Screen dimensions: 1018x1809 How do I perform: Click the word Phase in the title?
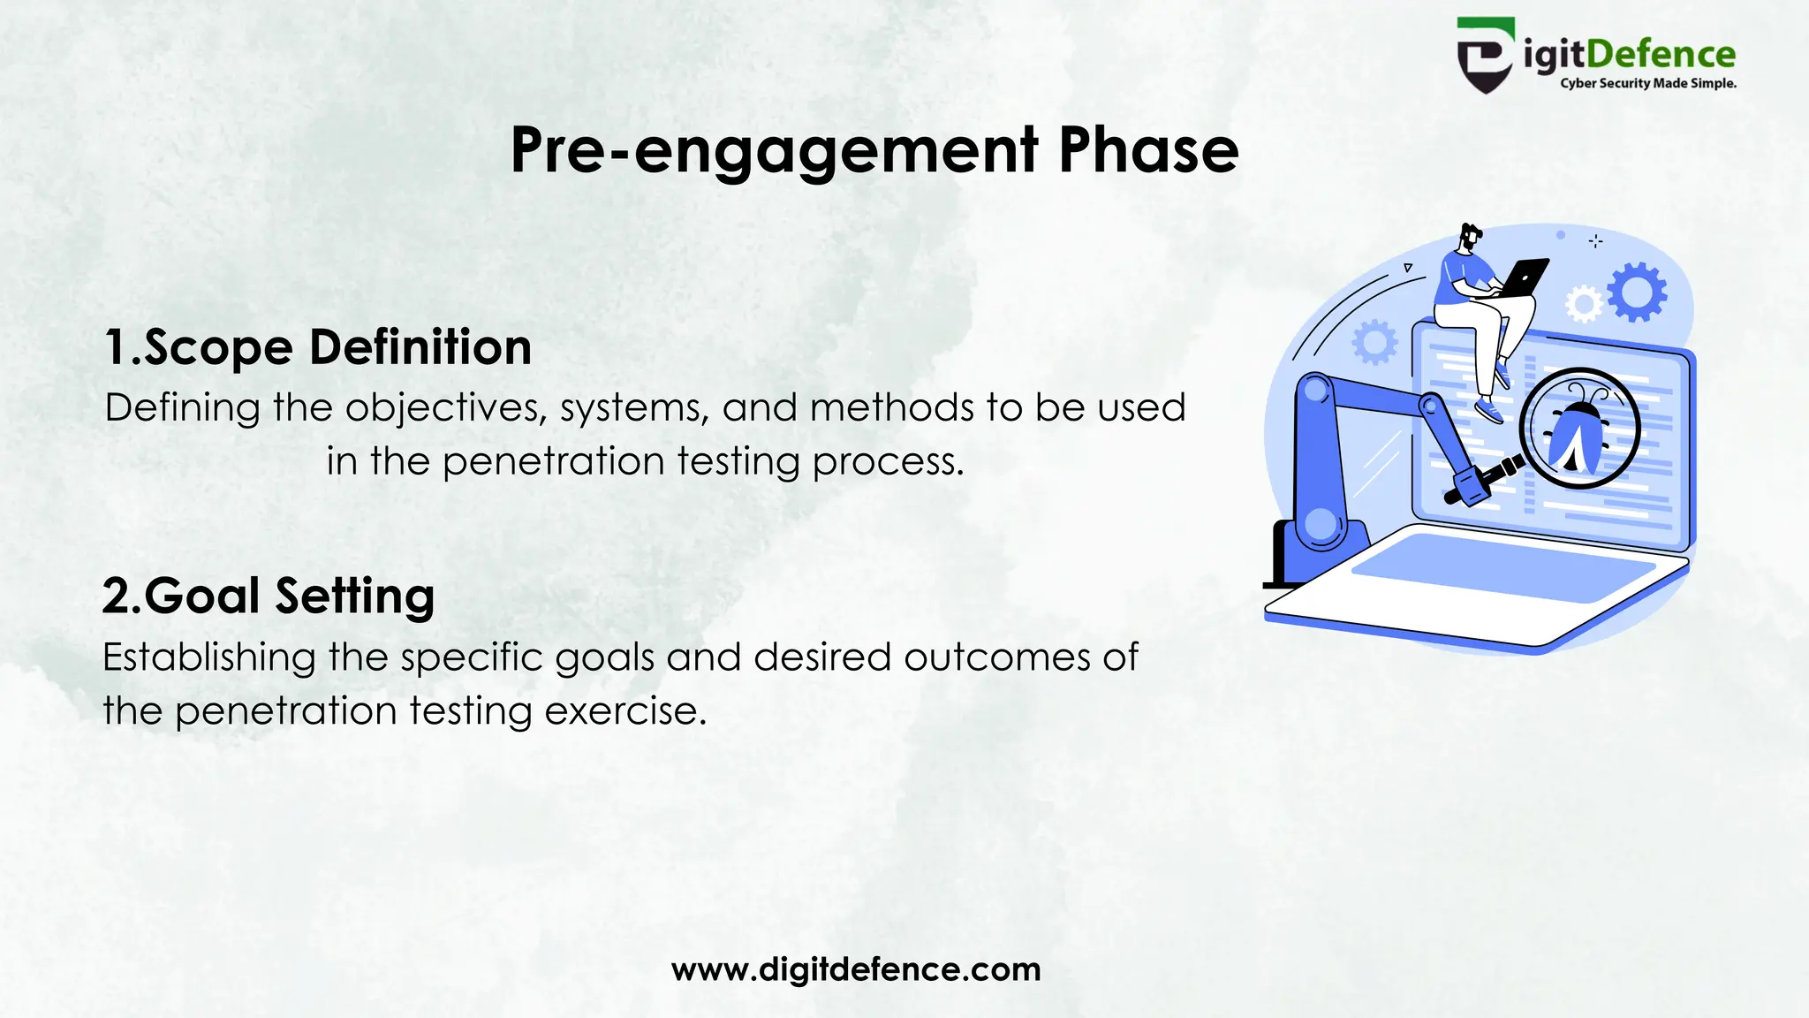pos(1148,150)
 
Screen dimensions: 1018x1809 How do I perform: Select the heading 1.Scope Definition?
pos(318,347)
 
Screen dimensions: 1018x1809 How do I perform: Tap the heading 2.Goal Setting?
pos(269,596)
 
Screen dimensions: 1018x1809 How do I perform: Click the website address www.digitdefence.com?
pos(856,969)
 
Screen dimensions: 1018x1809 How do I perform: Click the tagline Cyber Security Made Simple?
pos(1648,84)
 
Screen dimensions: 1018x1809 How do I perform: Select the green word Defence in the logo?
pos(1661,55)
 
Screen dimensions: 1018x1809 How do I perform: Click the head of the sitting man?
pos(1470,237)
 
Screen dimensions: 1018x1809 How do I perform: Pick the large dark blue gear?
pos(1637,292)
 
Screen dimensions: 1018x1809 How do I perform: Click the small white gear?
pos(1583,305)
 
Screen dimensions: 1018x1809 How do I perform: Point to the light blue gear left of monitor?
pos(1374,343)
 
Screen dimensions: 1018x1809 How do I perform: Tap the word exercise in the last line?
pos(625,711)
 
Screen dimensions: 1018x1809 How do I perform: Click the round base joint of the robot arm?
pos(1321,524)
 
